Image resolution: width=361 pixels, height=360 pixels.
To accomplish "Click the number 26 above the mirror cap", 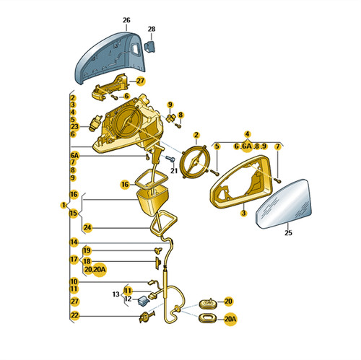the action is (126, 20).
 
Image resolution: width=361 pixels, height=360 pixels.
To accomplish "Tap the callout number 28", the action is (152, 29).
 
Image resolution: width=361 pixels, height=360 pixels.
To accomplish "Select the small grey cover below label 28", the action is (149, 46).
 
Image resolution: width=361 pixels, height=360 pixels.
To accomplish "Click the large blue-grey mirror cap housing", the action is (110, 56).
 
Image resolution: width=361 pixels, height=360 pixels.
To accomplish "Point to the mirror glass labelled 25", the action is (284, 204).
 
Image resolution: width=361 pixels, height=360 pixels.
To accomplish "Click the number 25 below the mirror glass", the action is (288, 233).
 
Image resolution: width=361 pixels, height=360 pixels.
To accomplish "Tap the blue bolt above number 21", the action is (170, 158).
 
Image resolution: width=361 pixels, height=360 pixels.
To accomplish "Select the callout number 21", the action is (174, 171).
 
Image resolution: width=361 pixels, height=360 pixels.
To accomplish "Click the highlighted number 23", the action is (74, 126).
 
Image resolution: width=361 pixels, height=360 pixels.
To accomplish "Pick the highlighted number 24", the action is (87, 227).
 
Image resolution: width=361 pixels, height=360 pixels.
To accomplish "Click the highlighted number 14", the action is (74, 242).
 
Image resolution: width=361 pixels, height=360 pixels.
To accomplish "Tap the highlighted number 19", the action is (87, 250).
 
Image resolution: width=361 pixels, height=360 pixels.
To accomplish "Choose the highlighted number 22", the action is (74, 315).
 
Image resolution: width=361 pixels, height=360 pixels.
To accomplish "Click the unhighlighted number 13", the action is (116, 294).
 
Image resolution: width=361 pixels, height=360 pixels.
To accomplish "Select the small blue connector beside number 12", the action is (143, 301).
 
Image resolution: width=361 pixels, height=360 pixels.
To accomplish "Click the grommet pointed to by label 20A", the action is (208, 318).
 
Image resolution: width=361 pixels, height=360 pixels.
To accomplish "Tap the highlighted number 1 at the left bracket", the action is (64, 205).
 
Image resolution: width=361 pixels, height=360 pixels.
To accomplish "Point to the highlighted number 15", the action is (74, 213).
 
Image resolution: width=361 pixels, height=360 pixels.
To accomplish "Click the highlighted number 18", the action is (87, 261).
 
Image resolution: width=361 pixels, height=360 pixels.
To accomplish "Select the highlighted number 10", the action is (74, 281).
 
